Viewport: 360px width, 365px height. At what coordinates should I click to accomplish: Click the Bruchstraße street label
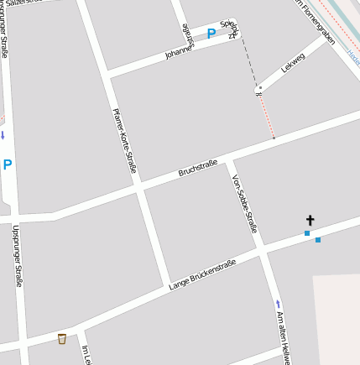[198, 168]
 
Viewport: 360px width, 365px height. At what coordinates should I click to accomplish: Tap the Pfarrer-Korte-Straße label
[124, 140]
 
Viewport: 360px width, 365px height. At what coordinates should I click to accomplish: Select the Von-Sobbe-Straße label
[244, 204]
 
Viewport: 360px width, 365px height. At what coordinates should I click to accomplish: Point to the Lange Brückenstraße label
[202, 274]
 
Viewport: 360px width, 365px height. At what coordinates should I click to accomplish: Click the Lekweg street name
[293, 61]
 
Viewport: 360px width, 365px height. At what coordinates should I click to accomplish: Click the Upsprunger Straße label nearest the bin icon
[17, 256]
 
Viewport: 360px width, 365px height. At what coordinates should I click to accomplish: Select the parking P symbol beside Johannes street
[211, 34]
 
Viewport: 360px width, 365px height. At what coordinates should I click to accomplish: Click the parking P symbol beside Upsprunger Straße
[8, 165]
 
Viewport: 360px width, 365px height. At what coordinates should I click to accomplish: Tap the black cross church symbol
[310, 220]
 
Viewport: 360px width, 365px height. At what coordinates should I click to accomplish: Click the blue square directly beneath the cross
[307, 233]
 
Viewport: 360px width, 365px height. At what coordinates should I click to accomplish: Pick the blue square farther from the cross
[318, 240]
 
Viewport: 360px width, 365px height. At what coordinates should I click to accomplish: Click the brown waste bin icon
[62, 338]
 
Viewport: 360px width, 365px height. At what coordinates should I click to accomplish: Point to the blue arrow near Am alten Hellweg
[279, 304]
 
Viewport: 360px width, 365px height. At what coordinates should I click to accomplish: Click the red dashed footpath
[266, 116]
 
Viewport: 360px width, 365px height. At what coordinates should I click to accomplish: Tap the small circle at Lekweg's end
[259, 88]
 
